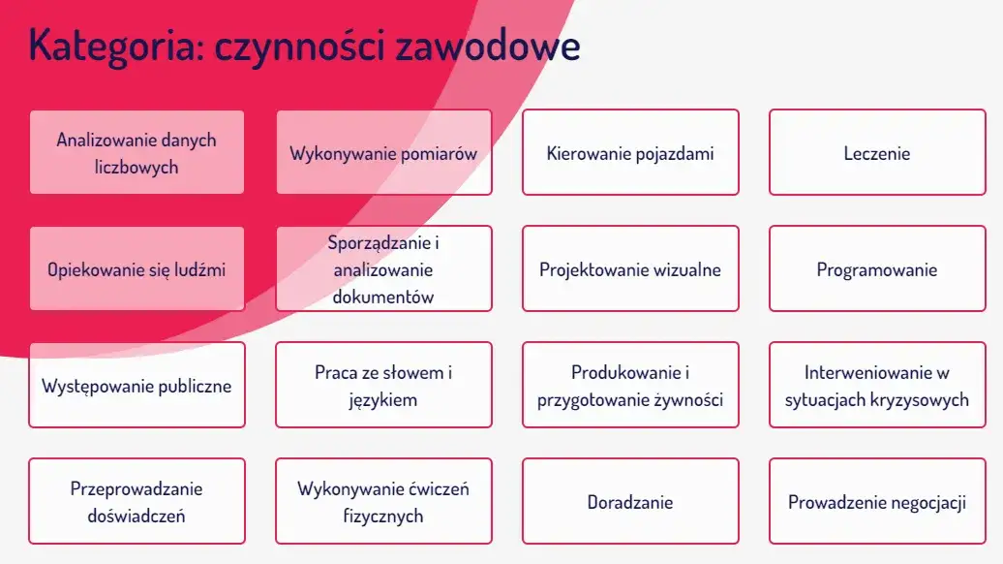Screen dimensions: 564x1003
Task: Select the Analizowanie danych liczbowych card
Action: coord(137,152)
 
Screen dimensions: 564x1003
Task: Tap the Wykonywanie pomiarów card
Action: coord(383,152)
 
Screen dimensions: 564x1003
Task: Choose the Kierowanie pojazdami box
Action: coord(630,152)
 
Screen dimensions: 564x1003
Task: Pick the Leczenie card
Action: coord(877,152)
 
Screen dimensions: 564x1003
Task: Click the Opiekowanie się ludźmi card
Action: coord(137,268)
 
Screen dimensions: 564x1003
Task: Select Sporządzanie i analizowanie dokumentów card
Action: coord(383,268)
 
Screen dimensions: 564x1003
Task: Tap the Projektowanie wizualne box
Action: coord(630,268)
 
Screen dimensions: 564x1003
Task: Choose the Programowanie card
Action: coord(877,268)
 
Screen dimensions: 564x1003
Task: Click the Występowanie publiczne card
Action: coord(137,385)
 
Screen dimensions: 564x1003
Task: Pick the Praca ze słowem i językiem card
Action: coord(383,385)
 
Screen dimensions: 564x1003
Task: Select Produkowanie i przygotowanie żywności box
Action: coord(630,385)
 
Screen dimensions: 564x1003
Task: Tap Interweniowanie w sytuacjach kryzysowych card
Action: coord(877,385)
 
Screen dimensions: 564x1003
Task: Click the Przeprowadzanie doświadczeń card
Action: coord(137,501)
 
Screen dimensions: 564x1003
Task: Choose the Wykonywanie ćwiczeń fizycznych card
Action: coord(383,501)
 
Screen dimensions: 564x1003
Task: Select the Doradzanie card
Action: coord(630,501)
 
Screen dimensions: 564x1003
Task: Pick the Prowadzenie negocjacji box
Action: coord(877,501)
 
